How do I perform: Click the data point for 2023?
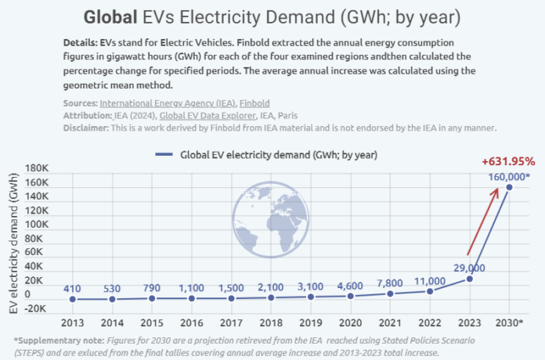tap(470, 279)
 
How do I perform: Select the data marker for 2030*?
tap(510, 186)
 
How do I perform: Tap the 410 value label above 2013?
tap(72, 288)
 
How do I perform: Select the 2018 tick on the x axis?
tap(271, 322)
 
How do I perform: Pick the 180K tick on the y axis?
tap(38, 169)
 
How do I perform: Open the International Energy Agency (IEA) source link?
tap(161, 103)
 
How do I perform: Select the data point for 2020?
tap(351, 296)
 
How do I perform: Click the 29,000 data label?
tap(468, 268)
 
